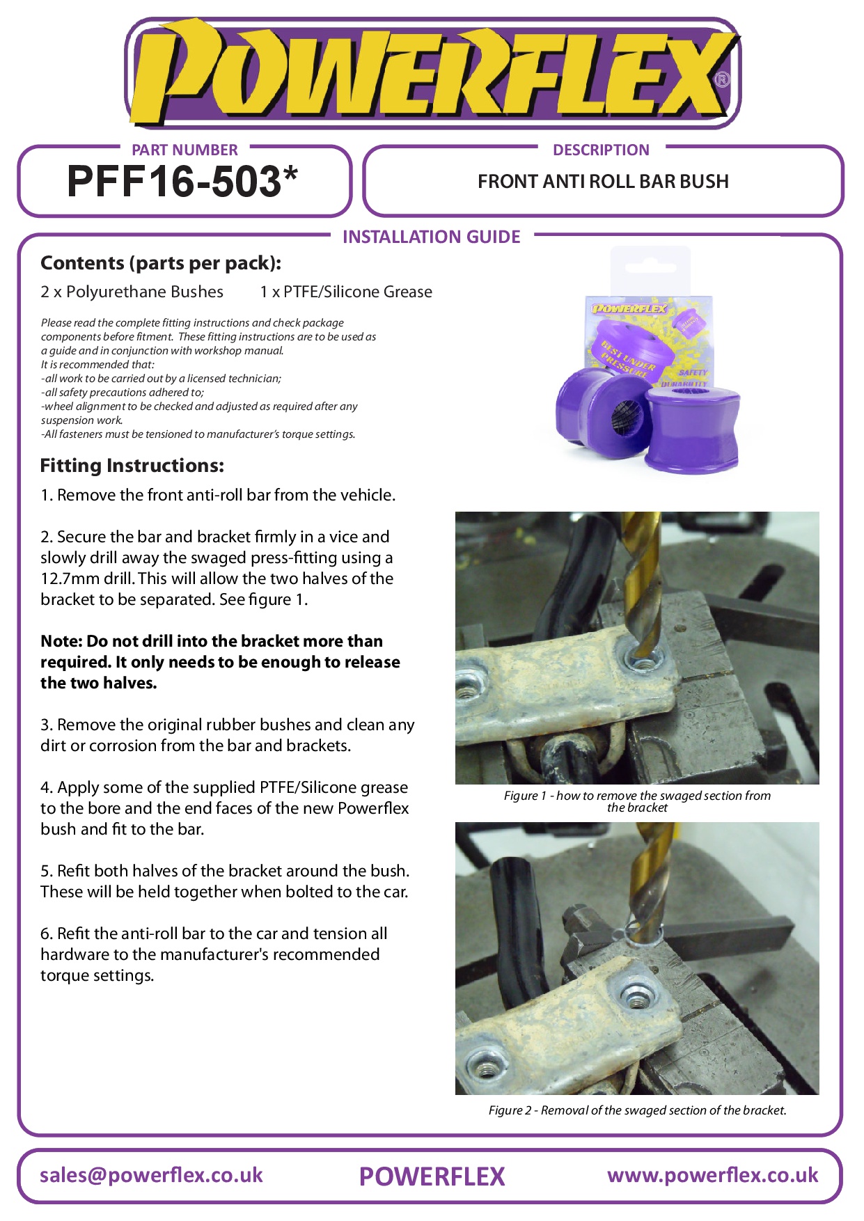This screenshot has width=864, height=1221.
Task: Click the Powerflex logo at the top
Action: click(432, 72)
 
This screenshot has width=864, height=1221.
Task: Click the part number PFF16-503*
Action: click(182, 182)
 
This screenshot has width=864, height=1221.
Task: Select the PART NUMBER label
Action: click(184, 150)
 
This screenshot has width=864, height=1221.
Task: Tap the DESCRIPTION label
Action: click(601, 150)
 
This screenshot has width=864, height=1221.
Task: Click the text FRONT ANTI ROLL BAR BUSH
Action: click(603, 182)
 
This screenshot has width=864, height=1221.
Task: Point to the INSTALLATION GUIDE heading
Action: click(432, 237)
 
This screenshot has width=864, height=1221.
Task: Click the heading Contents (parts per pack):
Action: click(161, 263)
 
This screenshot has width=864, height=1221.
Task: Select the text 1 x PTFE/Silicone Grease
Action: click(346, 292)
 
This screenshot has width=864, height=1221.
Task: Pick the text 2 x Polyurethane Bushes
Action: click(132, 292)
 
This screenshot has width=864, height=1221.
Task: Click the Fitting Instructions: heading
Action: click(132, 466)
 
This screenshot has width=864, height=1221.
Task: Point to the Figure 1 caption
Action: click(637, 801)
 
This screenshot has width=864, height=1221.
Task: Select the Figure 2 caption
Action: click(637, 1110)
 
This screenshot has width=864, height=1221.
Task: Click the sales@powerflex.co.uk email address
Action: click(151, 1175)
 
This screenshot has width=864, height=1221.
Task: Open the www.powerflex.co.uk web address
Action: click(712, 1175)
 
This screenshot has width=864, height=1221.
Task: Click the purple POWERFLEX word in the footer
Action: click(432, 1176)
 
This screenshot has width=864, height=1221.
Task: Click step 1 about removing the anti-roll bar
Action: click(218, 495)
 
